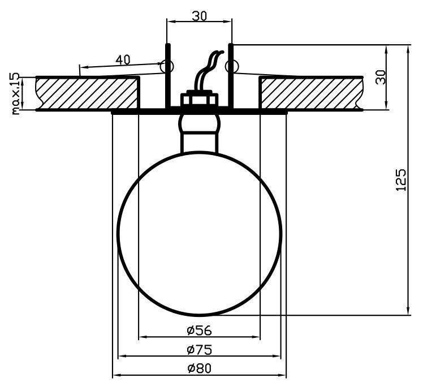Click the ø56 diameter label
[x=200, y=331]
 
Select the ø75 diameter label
[x=200, y=350]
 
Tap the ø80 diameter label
[x=200, y=368]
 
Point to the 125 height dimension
[x=400, y=180]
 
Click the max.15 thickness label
[x=16, y=93]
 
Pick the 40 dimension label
[x=123, y=59]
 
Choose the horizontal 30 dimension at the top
[x=200, y=16]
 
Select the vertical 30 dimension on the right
[x=381, y=77]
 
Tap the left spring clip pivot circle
[x=166, y=66]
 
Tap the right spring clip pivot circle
[x=232, y=66]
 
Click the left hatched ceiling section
[x=88, y=93]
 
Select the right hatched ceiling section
[x=311, y=93]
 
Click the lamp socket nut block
[x=200, y=100]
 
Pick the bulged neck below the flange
[x=200, y=123]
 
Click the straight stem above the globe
[x=200, y=142]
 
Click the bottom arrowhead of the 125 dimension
[x=409, y=310]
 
